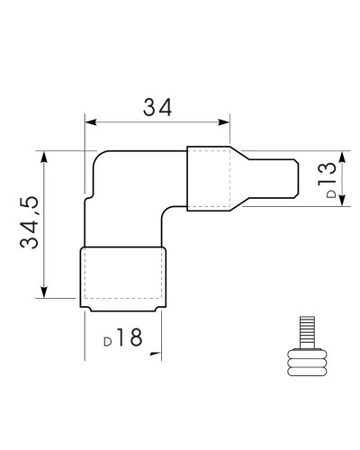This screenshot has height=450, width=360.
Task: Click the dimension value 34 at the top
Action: tap(157, 107)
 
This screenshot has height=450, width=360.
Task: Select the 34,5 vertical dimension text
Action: tap(30, 222)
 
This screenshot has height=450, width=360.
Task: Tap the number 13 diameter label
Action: tap(327, 174)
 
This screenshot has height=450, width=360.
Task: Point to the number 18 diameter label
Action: tap(130, 337)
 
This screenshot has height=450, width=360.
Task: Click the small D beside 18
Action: tap(108, 342)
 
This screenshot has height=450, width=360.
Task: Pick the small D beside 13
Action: tap(331, 193)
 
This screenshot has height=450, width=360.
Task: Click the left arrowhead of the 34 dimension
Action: tap(91, 122)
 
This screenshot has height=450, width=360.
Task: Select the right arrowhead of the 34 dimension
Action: tap(224, 122)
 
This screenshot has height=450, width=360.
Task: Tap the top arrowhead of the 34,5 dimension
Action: tap(44, 157)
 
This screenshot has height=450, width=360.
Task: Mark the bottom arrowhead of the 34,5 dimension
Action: tap(44, 292)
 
